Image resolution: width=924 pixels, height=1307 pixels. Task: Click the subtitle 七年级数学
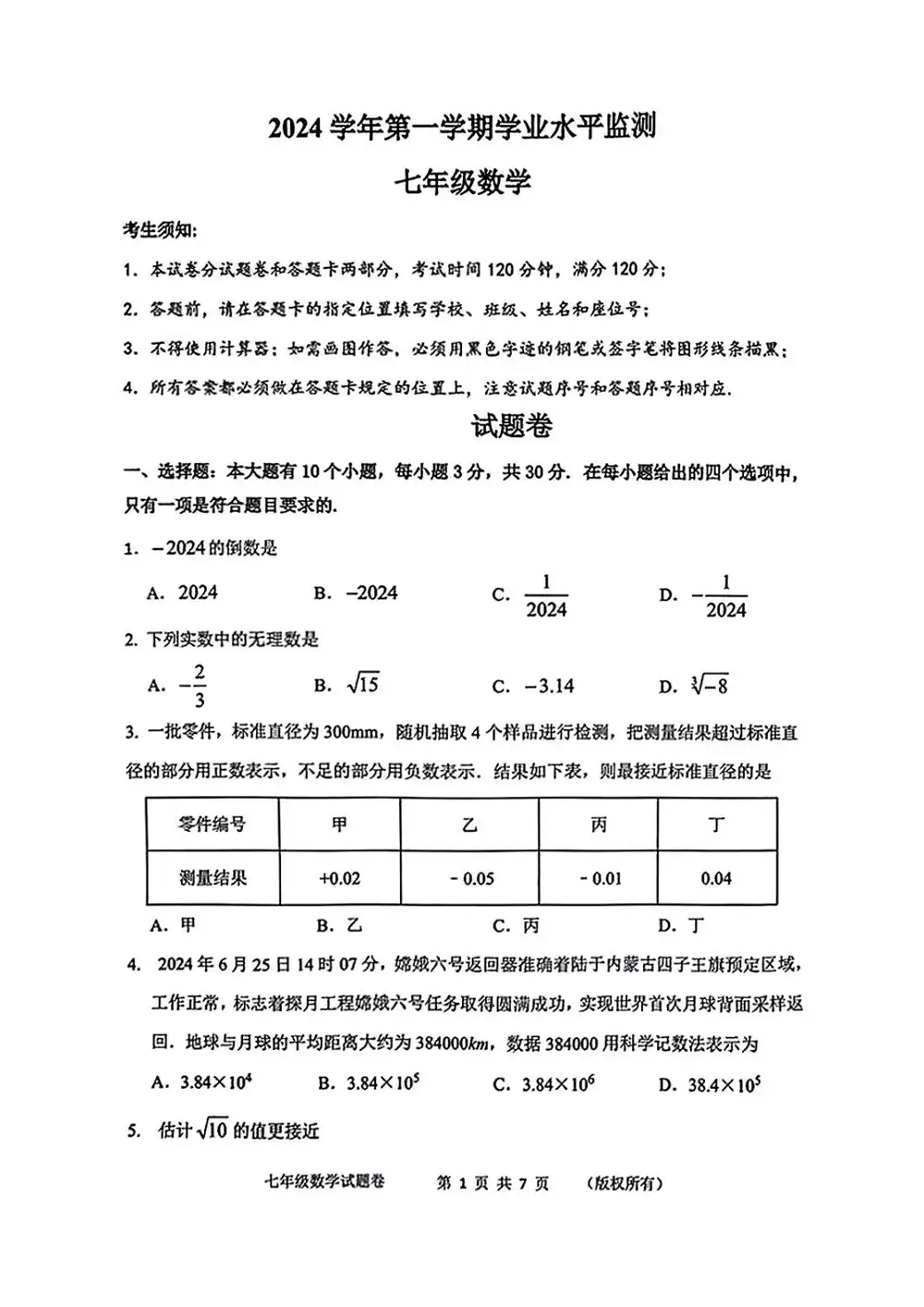(x=462, y=182)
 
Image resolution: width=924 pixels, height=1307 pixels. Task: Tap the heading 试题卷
(x=512, y=426)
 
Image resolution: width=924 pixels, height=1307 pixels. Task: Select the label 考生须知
(x=160, y=229)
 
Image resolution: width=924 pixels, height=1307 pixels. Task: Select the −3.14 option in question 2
(x=548, y=686)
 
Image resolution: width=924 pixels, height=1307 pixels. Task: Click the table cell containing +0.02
(x=339, y=878)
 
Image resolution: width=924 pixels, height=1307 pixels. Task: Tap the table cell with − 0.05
(x=471, y=878)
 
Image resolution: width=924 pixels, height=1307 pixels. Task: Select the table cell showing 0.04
(x=716, y=878)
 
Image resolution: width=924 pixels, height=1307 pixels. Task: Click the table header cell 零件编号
(x=213, y=824)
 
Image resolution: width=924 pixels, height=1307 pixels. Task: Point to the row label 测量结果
(x=213, y=878)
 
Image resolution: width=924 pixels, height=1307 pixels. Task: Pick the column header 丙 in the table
(x=598, y=824)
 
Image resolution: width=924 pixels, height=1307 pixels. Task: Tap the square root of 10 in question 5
(x=213, y=1130)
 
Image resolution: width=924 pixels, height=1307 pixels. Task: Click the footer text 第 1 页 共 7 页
(x=492, y=1183)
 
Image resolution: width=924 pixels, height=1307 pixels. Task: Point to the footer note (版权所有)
(x=624, y=1183)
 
